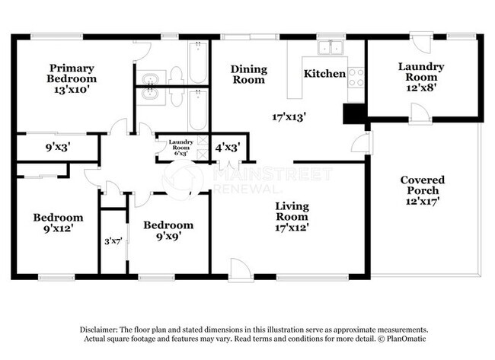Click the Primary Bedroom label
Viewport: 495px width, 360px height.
click(x=72, y=73)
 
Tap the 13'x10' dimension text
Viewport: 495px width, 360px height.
click(x=70, y=90)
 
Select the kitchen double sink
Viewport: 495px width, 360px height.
click(x=331, y=48)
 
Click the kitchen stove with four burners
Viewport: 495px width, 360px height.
click(x=356, y=78)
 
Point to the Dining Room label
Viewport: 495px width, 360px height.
click(x=249, y=75)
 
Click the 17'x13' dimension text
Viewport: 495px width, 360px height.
click(x=289, y=117)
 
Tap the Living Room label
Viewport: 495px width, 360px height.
click(x=292, y=212)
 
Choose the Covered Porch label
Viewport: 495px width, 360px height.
click(x=423, y=185)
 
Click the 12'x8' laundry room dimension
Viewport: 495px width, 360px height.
click(x=421, y=88)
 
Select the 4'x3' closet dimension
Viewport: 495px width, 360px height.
click(x=228, y=147)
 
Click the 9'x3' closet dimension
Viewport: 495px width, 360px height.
click(x=58, y=147)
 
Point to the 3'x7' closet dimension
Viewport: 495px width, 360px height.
click(x=113, y=242)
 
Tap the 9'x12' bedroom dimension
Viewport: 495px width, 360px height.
click(x=59, y=228)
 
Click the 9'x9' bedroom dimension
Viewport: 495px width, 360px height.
click(x=168, y=236)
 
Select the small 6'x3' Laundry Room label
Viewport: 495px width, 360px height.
click(x=181, y=148)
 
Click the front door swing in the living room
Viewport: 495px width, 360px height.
click(x=241, y=269)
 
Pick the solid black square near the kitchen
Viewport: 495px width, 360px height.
click(x=354, y=113)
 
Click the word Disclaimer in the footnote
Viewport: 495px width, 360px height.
click(x=99, y=330)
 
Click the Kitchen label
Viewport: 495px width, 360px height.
click(x=324, y=74)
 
